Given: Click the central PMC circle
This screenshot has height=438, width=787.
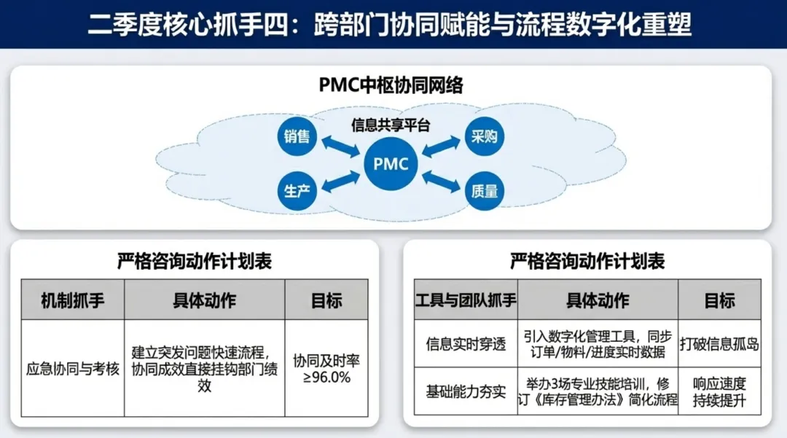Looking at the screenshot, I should coord(391,163).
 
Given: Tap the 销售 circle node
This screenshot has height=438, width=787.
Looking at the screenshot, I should coord(297,136).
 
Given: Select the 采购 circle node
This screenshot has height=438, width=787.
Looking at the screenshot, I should coord(485,136).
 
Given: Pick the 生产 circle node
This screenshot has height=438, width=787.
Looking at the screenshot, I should coord(297,192).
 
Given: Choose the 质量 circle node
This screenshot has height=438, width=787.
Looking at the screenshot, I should coord(485,192).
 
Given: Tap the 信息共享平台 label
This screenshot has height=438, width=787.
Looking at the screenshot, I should coord(391,125).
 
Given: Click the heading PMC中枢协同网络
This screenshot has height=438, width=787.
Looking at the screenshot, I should coord(391,86).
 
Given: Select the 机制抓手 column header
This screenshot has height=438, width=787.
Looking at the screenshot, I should coord(72,300).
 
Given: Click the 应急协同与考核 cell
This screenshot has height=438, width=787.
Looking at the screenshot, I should coord(72,368).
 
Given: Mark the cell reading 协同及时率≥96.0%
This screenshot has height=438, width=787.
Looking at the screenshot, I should coord(326,369).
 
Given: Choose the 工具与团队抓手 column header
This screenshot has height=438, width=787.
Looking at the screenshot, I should coord(466,300).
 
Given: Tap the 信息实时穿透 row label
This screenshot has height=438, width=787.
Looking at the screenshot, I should coord(466,344).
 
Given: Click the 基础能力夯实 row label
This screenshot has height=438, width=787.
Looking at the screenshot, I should coord(466,391).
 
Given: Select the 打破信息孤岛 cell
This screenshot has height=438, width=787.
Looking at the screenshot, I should coord(719,344).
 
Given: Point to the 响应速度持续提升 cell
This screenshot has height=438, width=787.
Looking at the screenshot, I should coord(719,391).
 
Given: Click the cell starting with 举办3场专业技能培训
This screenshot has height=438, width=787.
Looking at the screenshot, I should coord(598,391).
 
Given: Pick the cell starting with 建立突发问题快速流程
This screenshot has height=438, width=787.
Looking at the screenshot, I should coord(204,368).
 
